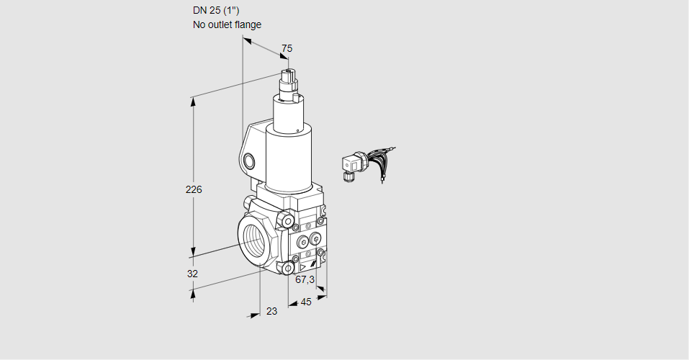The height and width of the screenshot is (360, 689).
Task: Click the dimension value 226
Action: tap(194, 190)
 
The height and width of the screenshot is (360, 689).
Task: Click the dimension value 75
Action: tap(287, 48)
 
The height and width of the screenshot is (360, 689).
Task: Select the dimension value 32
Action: tap(192, 274)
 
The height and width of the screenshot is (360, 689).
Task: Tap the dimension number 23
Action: tap(271, 311)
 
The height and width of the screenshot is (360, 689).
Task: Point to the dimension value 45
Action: tap(306, 302)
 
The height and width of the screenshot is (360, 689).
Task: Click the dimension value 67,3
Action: tap(305, 279)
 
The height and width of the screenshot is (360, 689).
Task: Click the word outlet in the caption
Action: tap(220, 24)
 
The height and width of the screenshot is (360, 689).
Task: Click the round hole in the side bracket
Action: tap(249, 161)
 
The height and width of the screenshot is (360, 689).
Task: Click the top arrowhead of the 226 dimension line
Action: tap(193, 100)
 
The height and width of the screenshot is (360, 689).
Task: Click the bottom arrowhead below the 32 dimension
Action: tap(193, 292)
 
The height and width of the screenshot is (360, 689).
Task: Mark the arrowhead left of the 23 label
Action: tap(255, 315)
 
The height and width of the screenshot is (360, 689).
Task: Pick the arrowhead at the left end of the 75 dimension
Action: tap(246, 41)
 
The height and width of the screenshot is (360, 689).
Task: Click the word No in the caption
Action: tap(199, 24)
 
